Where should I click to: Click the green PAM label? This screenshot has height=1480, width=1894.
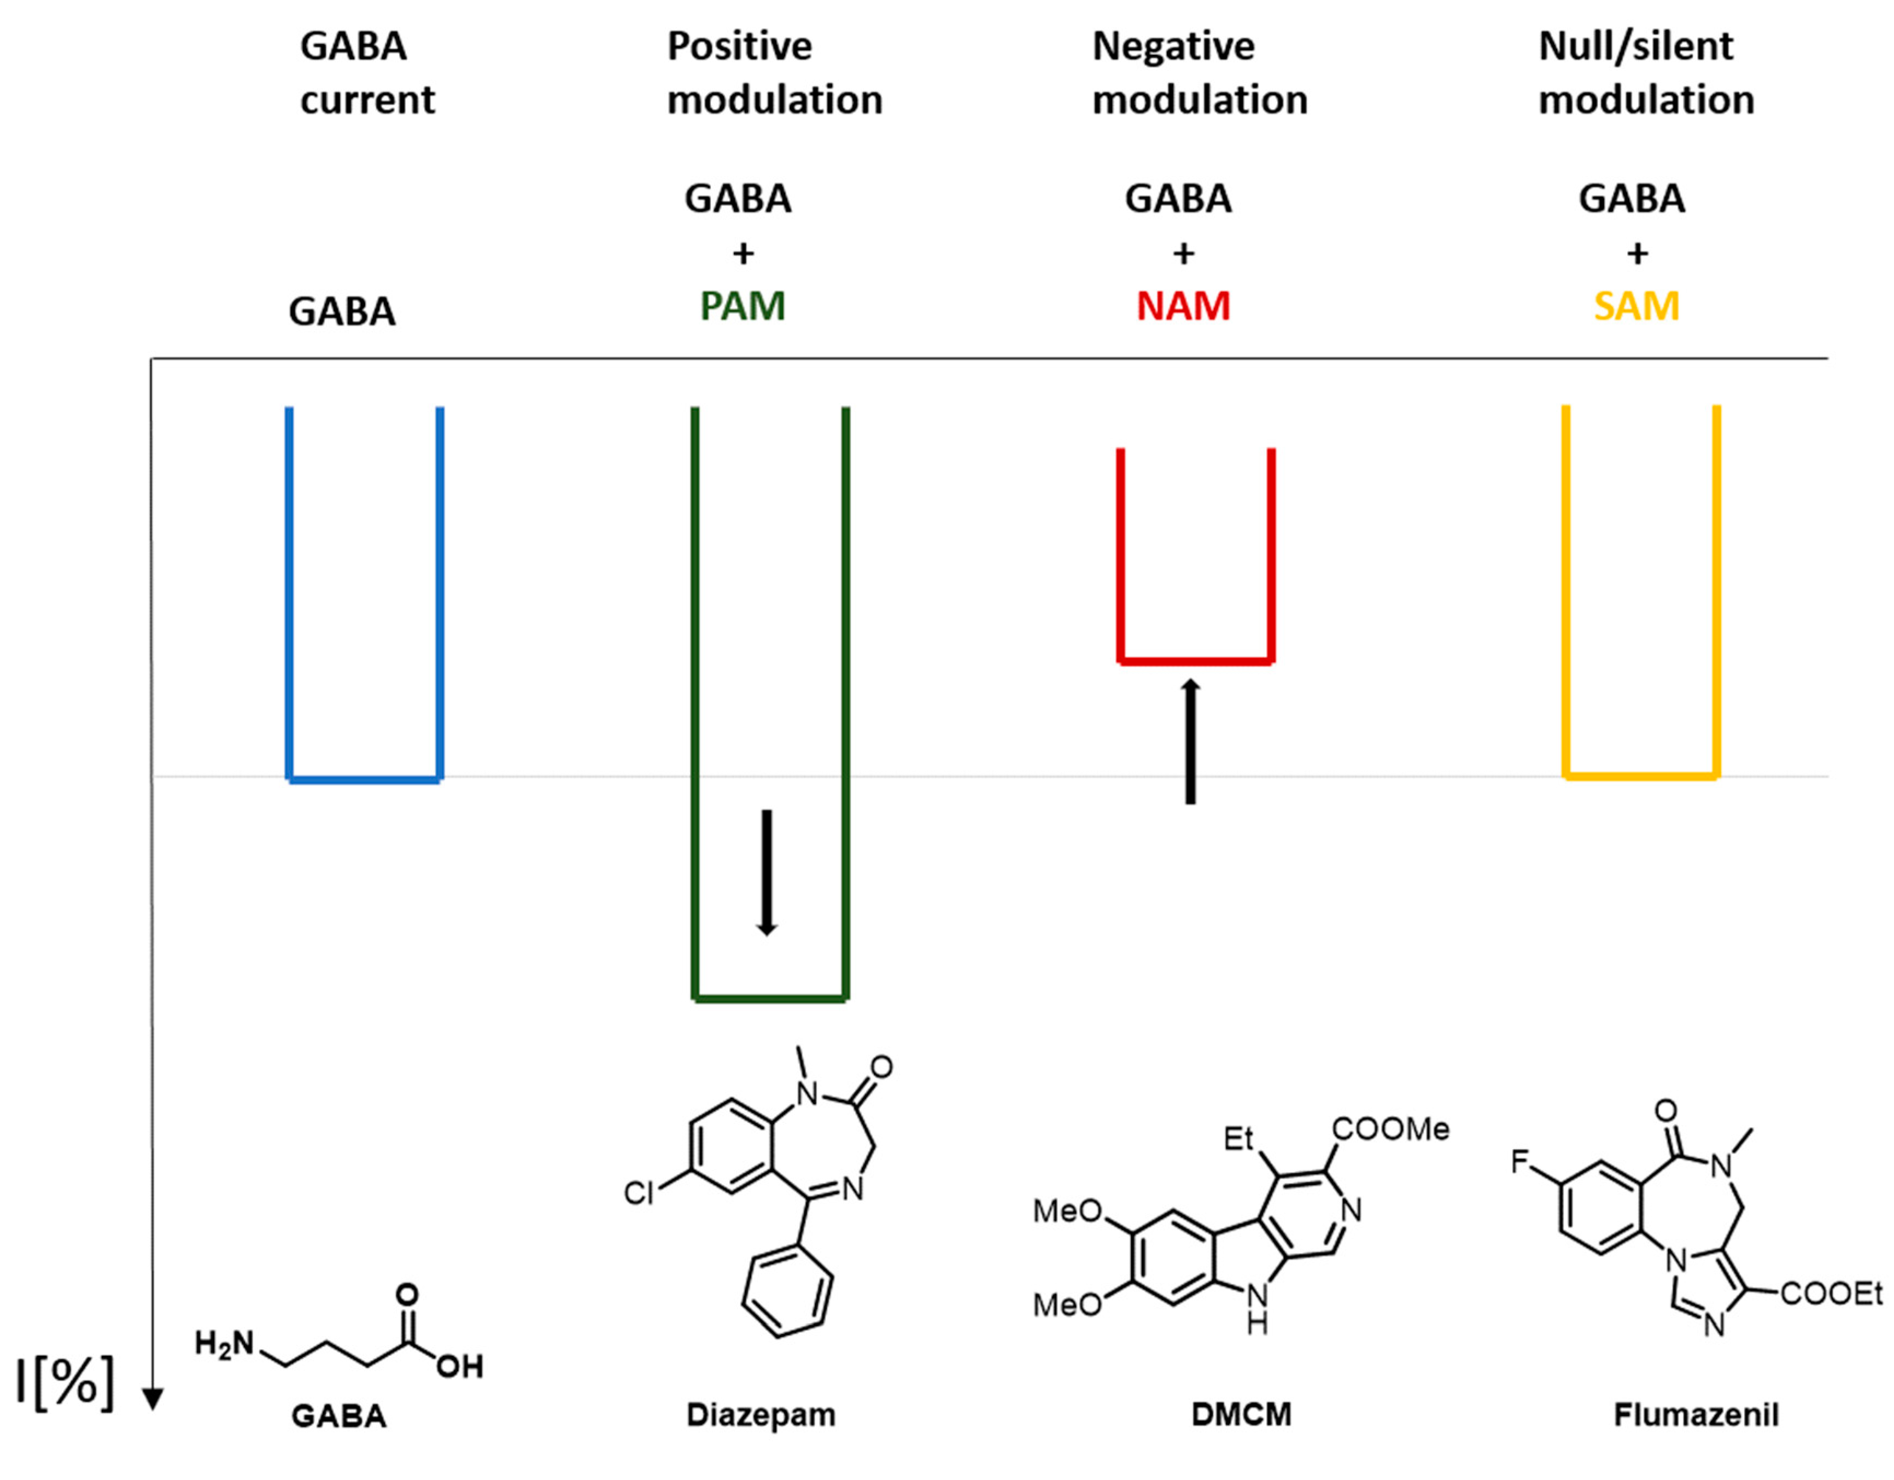(x=743, y=306)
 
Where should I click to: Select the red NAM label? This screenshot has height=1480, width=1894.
(x=1183, y=306)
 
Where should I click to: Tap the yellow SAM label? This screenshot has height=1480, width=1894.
(x=1636, y=306)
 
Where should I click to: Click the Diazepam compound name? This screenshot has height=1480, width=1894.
(x=761, y=1415)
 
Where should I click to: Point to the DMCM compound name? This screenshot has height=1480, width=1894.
(x=1241, y=1415)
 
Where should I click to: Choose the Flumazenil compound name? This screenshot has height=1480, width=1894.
(x=1696, y=1415)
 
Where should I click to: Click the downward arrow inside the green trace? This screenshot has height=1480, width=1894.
(x=766, y=872)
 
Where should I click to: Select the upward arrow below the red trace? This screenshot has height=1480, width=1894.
(x=1191, y=742)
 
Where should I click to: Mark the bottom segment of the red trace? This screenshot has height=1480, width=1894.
(x=1195, y=662)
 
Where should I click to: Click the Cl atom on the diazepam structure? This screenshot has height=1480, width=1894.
(x=638, y=1194)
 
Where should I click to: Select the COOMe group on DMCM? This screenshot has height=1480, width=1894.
(x=1390, y=1129)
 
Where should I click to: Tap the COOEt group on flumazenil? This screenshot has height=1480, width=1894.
(x=1831, y=1295)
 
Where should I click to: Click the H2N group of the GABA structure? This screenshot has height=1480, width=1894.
(x=224, y=1344)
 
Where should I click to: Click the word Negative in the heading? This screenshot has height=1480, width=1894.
(x=1172, y=46)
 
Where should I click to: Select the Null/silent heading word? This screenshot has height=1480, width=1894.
(x=1635, y=46)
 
